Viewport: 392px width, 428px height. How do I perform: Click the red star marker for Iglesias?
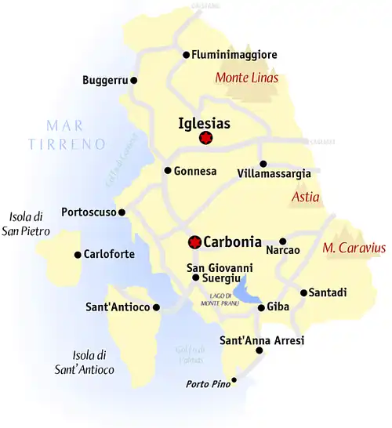pyautogui.click(x=206, y=139)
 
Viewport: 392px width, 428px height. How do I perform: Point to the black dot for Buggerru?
pyautogui.click(x=134, y=80)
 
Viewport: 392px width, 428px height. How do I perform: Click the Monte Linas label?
pyautogui.click(x=248, y=78)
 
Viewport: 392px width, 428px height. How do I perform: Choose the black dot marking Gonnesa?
pyautogui.click(x=167, y=170)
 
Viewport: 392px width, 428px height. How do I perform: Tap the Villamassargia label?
pyautogui.click(x=274, y=173)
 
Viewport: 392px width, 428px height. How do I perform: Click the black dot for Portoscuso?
pyautogui.click(x=122, y=212)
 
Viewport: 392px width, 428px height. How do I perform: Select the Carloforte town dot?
pyautogui.click(x=77, y=254)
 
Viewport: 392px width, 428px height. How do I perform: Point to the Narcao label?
pyautogui.click(x=283, y=251)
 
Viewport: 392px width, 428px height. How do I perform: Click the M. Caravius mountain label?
pyautogui.click(x=354, y=248)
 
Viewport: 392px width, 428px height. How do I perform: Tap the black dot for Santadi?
pyautogui.click(x=303, y=293)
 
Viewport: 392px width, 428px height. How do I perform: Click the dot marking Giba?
pyautogui.click(x=262, y=307)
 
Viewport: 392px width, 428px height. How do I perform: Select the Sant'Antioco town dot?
pyautogui.click(x=156, y=307)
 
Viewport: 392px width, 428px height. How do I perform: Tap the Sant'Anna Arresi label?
pyautogui.click(x=262, y=340)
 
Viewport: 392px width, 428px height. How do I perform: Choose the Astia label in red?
pyautogui.click(x=305, y=198)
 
